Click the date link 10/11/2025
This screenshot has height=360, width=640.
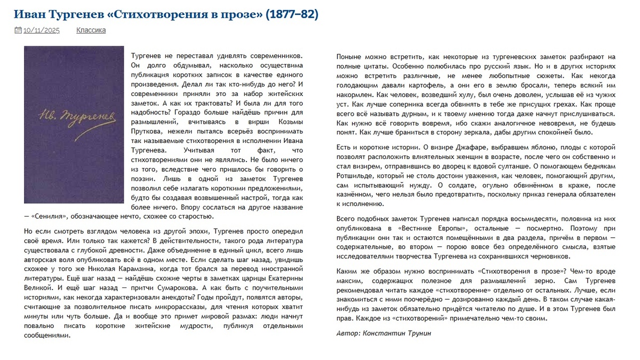pos(42,30)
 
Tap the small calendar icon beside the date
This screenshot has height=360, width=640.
pos(18,30)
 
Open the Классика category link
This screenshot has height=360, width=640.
pos(91,30)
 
